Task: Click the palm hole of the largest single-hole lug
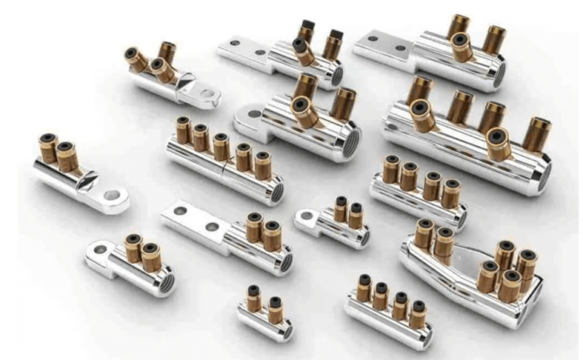pyautogui.click(x=247, y=118)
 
